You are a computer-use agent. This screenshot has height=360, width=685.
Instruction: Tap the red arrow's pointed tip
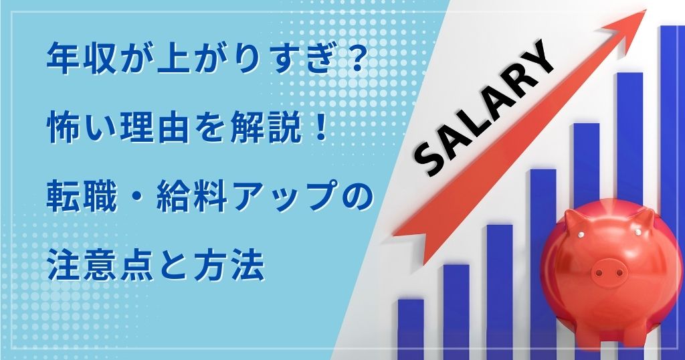[x=646, y=10]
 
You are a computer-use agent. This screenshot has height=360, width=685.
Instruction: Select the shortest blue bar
[x=411, y=329]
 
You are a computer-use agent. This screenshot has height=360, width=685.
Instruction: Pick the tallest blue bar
[x=672, y=193]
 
